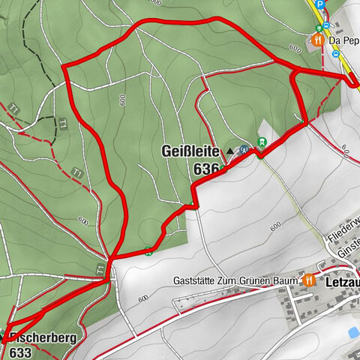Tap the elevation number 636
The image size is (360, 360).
coord(205,169)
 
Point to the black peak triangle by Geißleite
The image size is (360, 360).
coord(229,151)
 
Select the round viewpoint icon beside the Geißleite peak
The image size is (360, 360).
coord(244,149)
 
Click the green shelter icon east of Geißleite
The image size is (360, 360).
coord(262,142)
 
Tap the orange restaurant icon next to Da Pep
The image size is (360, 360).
coord(319,39)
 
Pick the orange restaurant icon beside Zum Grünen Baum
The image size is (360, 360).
coord(309,279)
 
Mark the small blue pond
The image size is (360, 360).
coord(353,331)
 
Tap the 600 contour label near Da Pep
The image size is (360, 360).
coord(292,48)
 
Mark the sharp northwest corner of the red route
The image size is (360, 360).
coord(64,70)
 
